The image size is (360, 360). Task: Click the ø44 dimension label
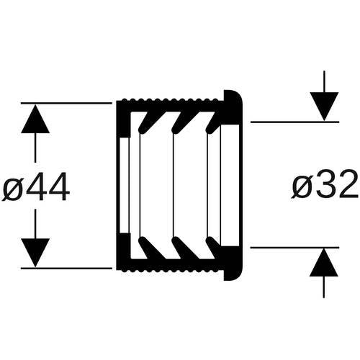pyautogui.click(x=36, y=186)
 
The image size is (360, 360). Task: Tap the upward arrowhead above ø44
pyautogui.click(x=35, y=119)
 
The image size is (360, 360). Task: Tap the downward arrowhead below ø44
pyautogui.click(x=35, y=253)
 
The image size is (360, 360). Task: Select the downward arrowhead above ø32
pyautogui.click(x=324, y=107)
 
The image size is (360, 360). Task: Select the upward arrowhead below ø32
pyautogui.click(x=324, y=262)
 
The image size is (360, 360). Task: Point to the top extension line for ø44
pyautogui.click(x=66, y=103)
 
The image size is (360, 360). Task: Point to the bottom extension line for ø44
pyautogui.click(x=66, y=268)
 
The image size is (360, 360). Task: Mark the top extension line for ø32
pyautogui.click(x=294, y=122)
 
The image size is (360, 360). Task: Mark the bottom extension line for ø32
pyautogui.click(x=294, y=247)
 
